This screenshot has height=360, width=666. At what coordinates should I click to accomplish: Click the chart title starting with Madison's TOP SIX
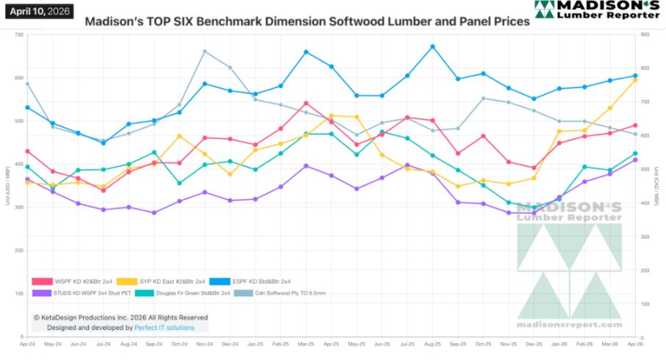click(307, 22)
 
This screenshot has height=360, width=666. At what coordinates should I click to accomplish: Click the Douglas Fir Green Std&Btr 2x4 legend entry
click(184, 293)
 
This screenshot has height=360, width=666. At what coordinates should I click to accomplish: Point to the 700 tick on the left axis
click(18, 35)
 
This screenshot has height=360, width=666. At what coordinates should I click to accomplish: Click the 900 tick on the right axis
click(646, 35)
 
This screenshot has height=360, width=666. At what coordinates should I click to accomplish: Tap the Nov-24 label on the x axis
click(204, 344)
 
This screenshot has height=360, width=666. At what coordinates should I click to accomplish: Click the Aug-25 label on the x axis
click(432, 344)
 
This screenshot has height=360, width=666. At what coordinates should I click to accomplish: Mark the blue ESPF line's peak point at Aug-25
click(432, 46)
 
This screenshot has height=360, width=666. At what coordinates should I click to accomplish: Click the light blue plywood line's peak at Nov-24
click(204, 51)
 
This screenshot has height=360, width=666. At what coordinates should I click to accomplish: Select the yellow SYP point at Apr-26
click(635, 79)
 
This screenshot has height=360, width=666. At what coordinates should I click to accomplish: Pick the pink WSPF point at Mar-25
click(306, 104)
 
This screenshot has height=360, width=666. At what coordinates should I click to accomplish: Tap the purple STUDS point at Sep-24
click(154, 213)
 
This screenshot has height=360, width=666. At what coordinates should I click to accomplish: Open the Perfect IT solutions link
click(165, 327)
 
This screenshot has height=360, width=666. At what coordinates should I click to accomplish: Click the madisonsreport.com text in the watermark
click(569, 324)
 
